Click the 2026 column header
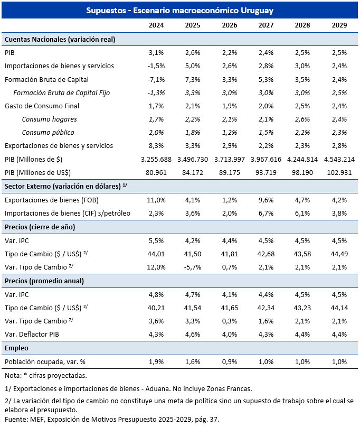point(230,25)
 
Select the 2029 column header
point(339,25)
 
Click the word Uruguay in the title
point(257,11)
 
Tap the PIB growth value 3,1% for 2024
point(156,52)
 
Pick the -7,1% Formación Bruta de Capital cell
point(156,79)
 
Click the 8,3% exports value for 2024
point(156,146)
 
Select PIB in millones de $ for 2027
point(266,159)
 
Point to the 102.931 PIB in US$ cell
point(339,173)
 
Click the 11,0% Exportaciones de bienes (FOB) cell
point(156,200)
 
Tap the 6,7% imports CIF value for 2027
point(266,213)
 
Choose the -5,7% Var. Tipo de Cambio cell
point(193,267)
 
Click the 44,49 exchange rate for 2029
point(339,254)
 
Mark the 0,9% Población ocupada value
point(230,362)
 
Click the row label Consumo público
point(48,133)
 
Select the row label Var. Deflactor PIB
point(32,335)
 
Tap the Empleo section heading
point(16,348)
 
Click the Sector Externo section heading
point(66,186)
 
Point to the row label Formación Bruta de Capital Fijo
point(62,93)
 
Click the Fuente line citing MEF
point(112,420)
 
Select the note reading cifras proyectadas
point(46,376)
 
